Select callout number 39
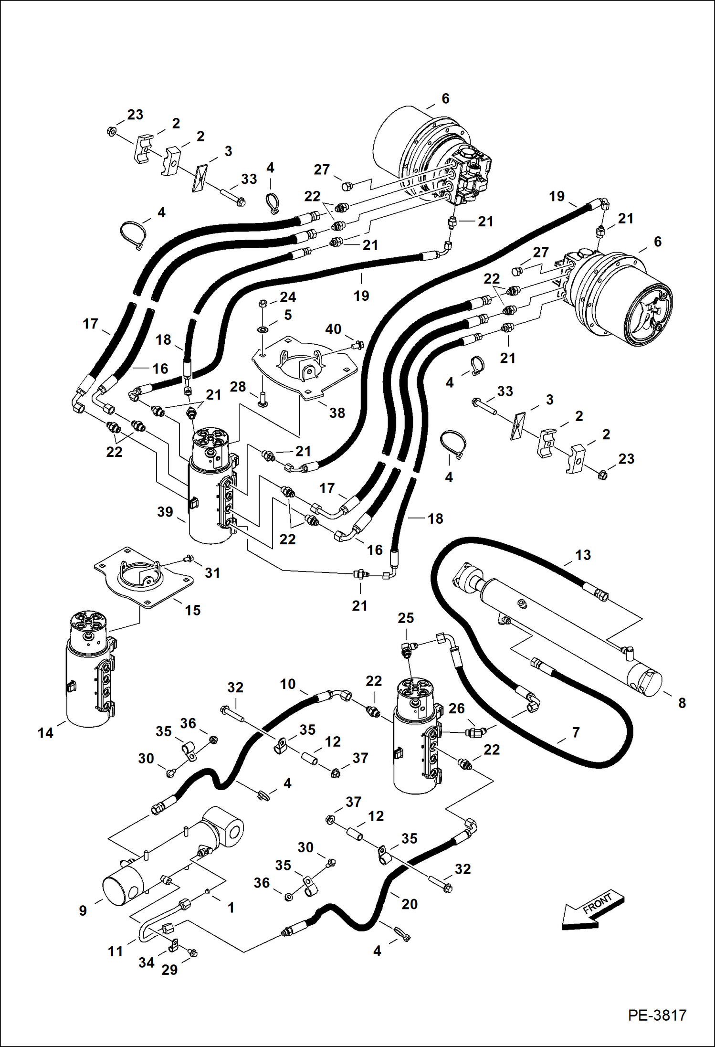pos(165,512)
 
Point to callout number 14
pos(45,733)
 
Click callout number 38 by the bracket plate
pos(337,413)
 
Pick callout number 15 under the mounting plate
pos(192,610)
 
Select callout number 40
pos(333,329)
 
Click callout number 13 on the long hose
pos(583,555)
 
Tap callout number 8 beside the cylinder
pos(682,703)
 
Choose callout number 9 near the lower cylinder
pos(83,911)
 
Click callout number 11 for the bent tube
pos(116,952)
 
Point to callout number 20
pos(410,904)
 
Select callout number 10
pos(287,684)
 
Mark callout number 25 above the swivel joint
pos(406,618)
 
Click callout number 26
pos(456,709)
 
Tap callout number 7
pos(576,732)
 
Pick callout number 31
pos(212,572)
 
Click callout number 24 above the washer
pos(288,297)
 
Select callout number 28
pos(238,387)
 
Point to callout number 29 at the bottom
pos(169,970)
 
